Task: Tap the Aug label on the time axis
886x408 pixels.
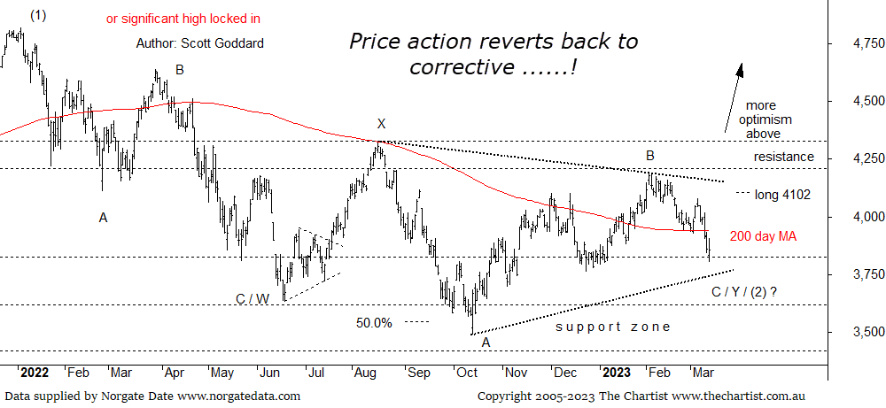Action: point(364,373)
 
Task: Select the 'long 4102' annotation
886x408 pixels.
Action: point(782,193)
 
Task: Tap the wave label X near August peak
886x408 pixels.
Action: point(381,124)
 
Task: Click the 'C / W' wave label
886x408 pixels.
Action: point(253,299)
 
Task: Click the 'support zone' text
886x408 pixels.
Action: point(612,327)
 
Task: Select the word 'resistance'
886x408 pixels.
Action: point(783,157)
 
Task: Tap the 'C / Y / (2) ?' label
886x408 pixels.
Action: point(750,291)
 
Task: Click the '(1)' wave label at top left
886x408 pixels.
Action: point(38,15)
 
